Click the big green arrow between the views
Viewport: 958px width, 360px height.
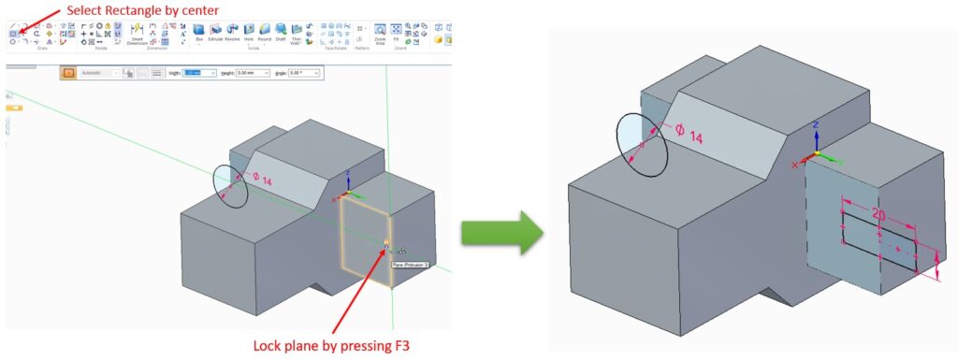[502, 229]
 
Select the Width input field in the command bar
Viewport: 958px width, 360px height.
[198, 73]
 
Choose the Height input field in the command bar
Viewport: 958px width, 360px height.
[252, 73]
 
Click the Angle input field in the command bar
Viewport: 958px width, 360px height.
[305, 73]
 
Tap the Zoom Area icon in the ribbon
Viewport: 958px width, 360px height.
[380, 32]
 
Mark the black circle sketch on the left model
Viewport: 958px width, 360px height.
[230, 187]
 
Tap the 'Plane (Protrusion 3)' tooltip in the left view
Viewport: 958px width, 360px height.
[409, 265]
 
